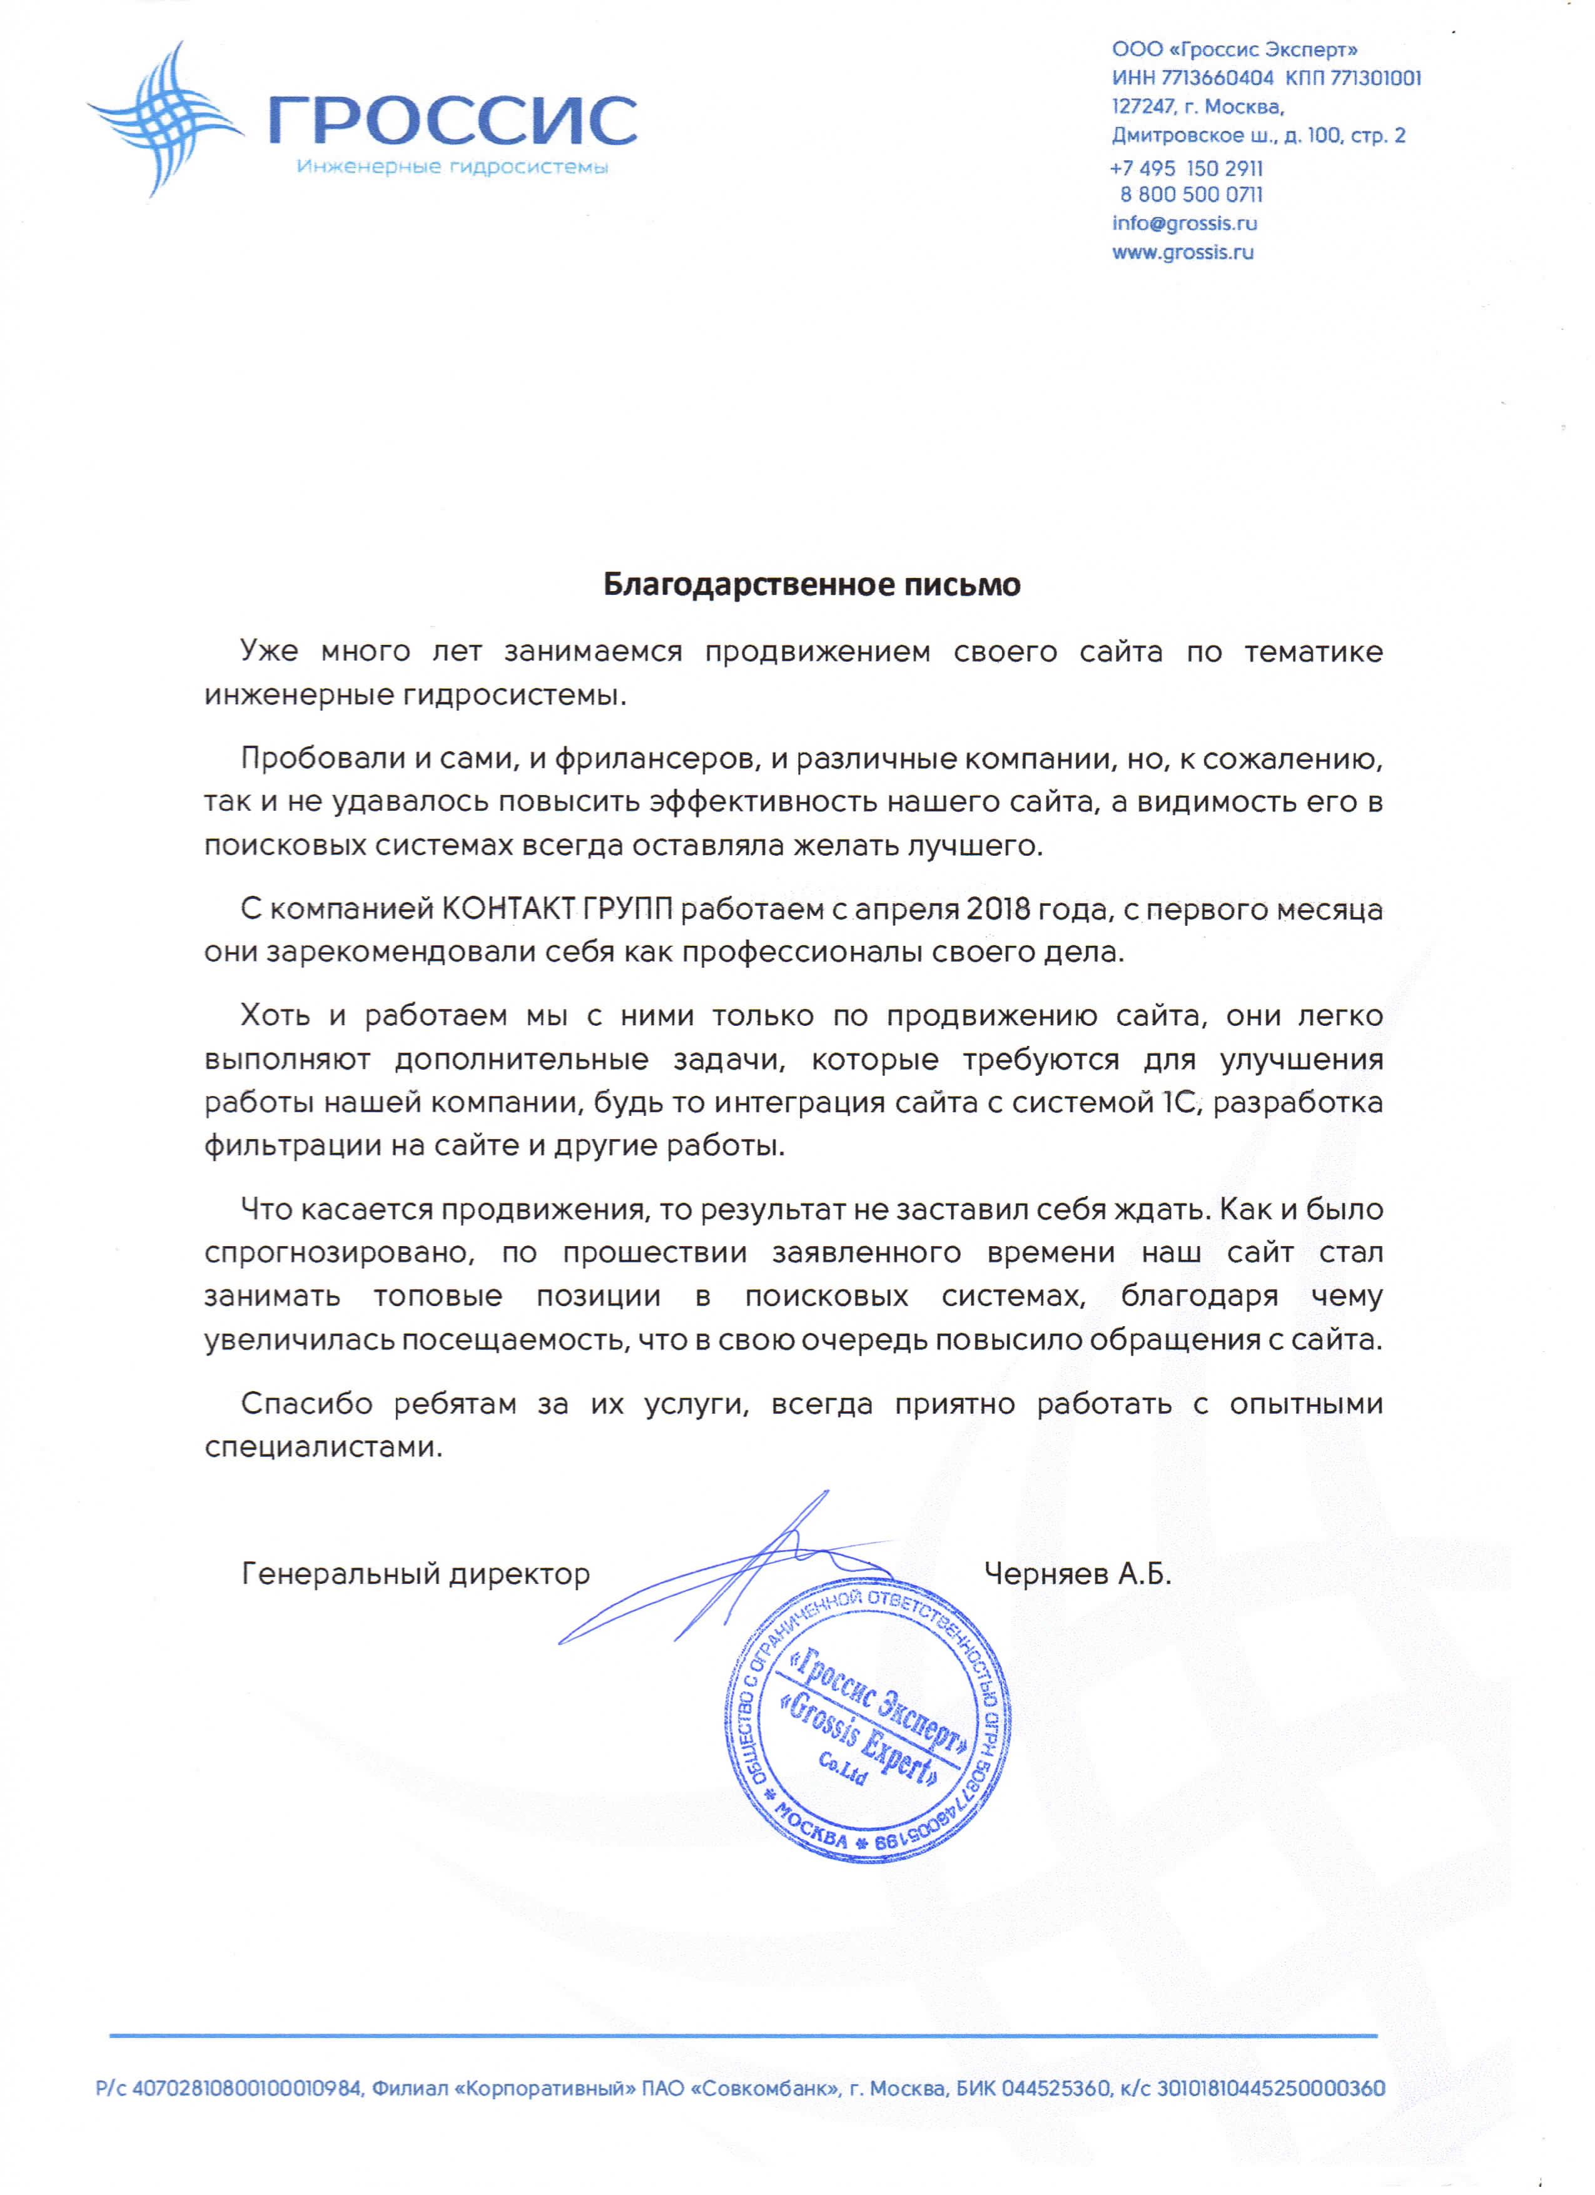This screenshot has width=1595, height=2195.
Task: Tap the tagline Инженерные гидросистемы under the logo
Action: point(452,168)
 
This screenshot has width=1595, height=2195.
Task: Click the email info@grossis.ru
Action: point(1185,223)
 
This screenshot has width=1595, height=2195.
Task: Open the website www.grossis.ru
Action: point(1183,253)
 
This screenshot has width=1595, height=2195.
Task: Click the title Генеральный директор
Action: point(415,1574)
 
